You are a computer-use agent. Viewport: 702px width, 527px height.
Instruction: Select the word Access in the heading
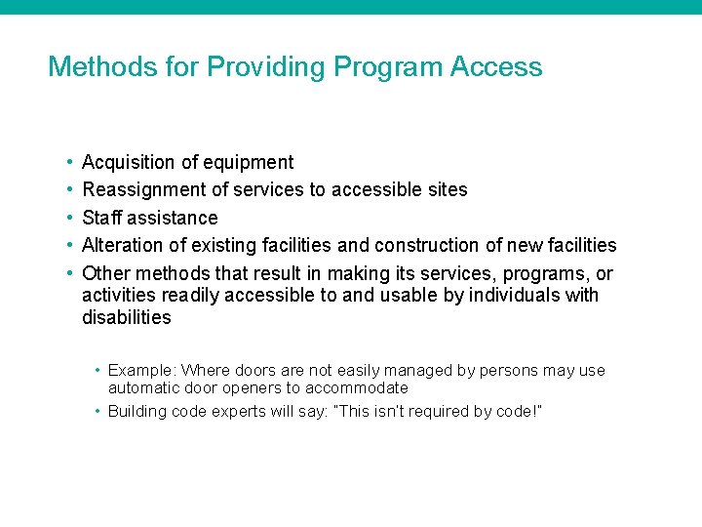pyautogui.click(x=496, y=67)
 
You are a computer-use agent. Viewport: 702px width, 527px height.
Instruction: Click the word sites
pyautogui.click(x=448, y=190)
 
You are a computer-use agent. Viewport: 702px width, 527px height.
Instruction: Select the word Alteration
pyautogui.click(x=120, y=245)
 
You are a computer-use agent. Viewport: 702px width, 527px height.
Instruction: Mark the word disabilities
pyautogui.click(x=127, y=317)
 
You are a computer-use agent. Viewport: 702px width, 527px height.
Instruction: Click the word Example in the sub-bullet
pyautogui.click(x=140, y=371)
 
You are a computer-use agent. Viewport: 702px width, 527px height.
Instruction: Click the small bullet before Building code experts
pyautogui.click(x=98, y=412)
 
